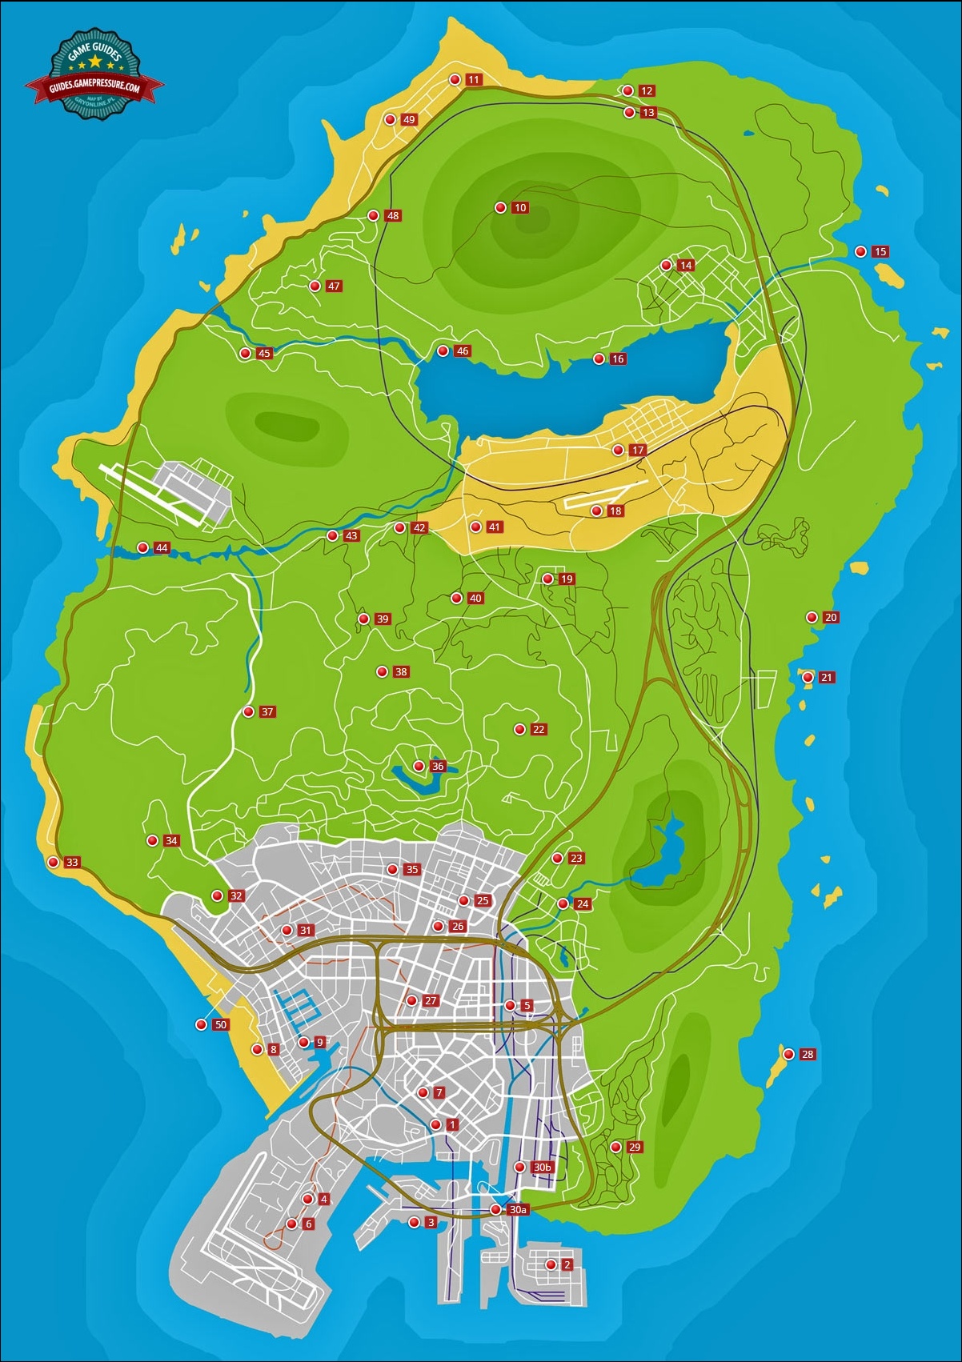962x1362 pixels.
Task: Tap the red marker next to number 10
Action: coord(500,208)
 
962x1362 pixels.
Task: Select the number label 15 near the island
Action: coord(880,252)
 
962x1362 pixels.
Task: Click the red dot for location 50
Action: coord(201,1025)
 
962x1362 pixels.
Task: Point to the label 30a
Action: coord(518,1210)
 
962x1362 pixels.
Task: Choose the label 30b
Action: coord(543,1168)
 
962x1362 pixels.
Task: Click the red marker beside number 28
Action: coord(788,1054)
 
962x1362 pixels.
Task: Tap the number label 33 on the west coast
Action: coord(73,863)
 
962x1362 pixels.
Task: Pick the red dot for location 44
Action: coord(142,548)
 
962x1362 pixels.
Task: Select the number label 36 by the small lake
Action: coord(438,767)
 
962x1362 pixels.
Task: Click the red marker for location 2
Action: coord(551,1265)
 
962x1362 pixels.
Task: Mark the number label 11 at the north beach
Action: coord(474,80)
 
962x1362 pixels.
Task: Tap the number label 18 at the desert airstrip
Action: coord(615,511)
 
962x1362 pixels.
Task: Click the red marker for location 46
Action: coord(443,351)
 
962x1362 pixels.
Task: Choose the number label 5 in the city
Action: coord(527,1006)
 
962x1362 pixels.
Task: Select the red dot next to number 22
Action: coord(519,730)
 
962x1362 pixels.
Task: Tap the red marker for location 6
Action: coord(291,1224)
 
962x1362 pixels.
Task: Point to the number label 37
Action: coord(267,712)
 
